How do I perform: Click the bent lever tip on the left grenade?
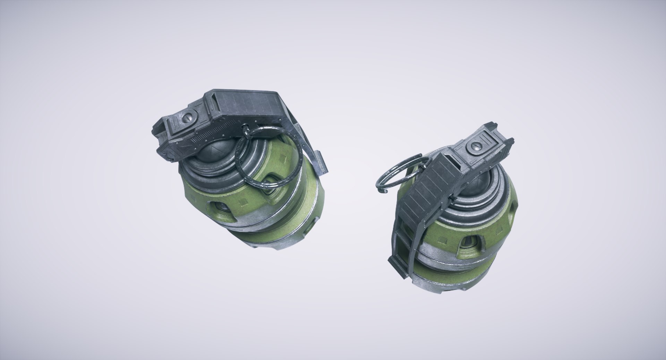click(x=321, y=163)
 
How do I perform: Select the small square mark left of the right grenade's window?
click(x=443, y=239)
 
